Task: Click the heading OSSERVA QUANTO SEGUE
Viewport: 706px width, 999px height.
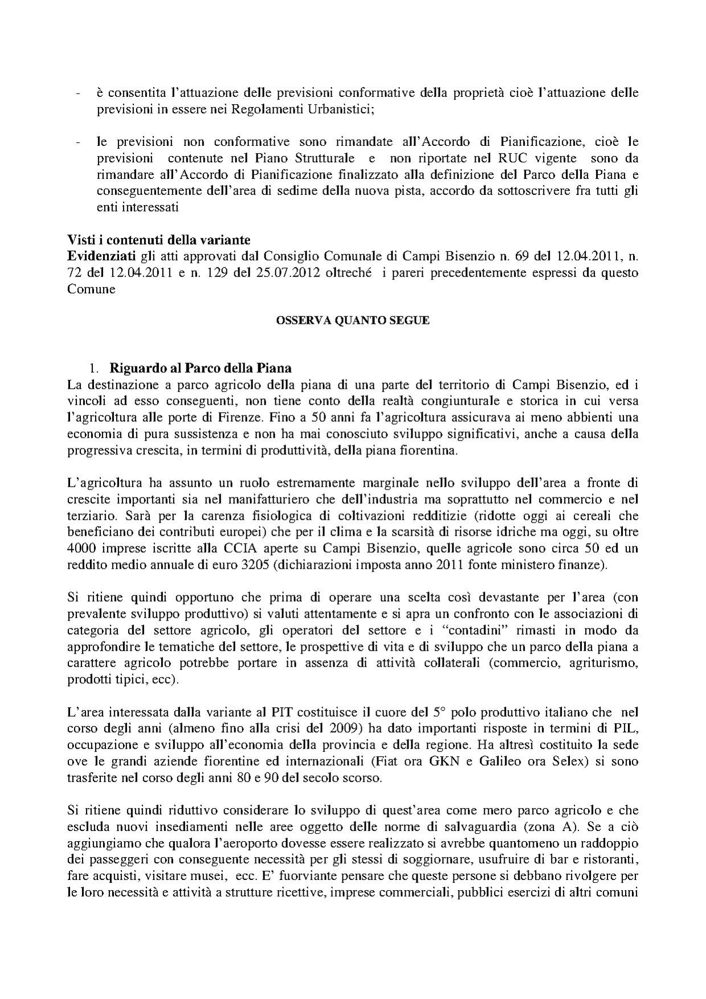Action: click(x=353, y=321)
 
